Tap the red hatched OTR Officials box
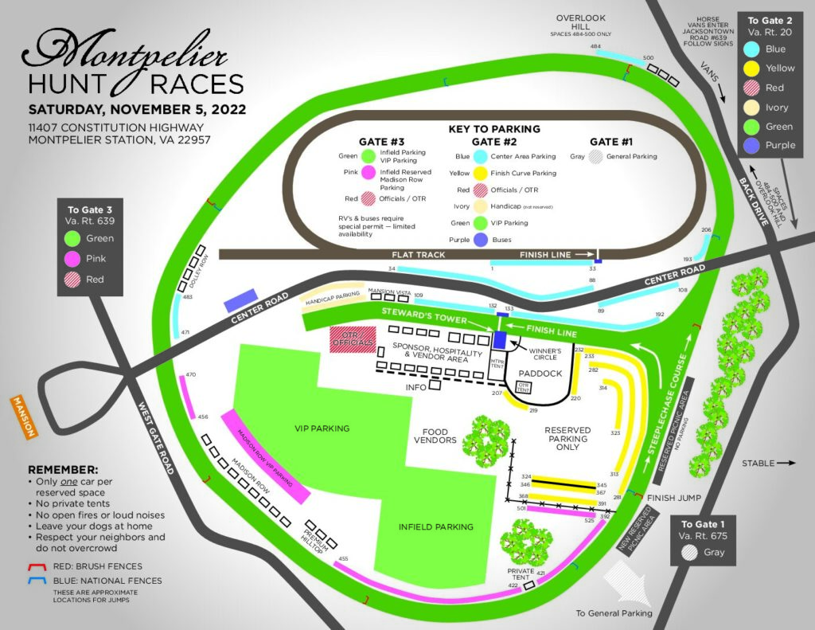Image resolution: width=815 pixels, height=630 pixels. click(x=352, y=339)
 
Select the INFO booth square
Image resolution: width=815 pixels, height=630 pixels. click(x=435, y=385)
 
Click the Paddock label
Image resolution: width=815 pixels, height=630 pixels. click(x=540, y=373)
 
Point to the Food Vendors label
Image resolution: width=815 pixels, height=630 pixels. click(x=435, y=436)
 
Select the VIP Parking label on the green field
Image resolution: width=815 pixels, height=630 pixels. click(x=322, y=428)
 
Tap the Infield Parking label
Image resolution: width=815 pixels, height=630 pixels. click(x=435, y=526)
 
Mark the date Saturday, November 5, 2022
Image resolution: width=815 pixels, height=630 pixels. click(x=137, y=109)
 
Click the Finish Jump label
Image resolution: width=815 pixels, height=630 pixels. click(x=673, y=499)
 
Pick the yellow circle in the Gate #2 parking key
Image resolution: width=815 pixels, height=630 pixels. click(x=481, y=173)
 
